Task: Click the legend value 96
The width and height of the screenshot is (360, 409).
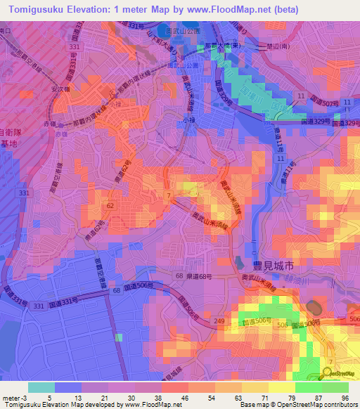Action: [345, 397]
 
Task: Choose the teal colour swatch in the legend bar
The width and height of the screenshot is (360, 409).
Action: [41, 387]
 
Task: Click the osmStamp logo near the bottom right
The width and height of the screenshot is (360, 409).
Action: [340, 373]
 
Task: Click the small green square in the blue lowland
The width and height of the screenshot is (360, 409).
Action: [118, 337]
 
